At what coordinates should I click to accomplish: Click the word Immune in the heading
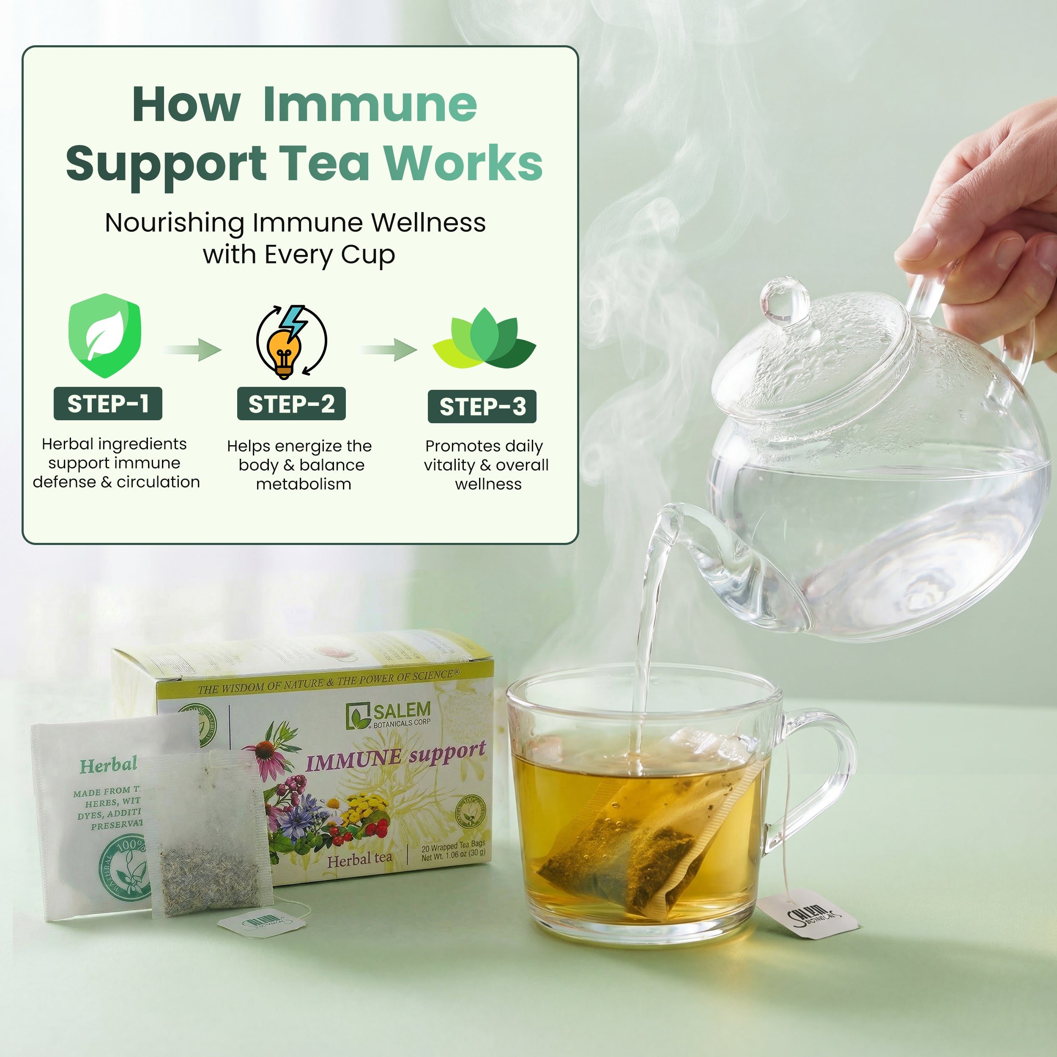370,104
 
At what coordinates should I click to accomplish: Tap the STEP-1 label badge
108,404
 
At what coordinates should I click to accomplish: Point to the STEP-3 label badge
482,406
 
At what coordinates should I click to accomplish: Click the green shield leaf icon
104,335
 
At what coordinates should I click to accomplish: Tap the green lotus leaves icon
484,339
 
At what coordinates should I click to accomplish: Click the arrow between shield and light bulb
192,349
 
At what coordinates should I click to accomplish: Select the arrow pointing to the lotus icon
389,349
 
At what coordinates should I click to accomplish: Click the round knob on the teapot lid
784,300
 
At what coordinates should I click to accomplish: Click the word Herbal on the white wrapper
108,765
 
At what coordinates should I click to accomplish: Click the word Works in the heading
463,163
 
